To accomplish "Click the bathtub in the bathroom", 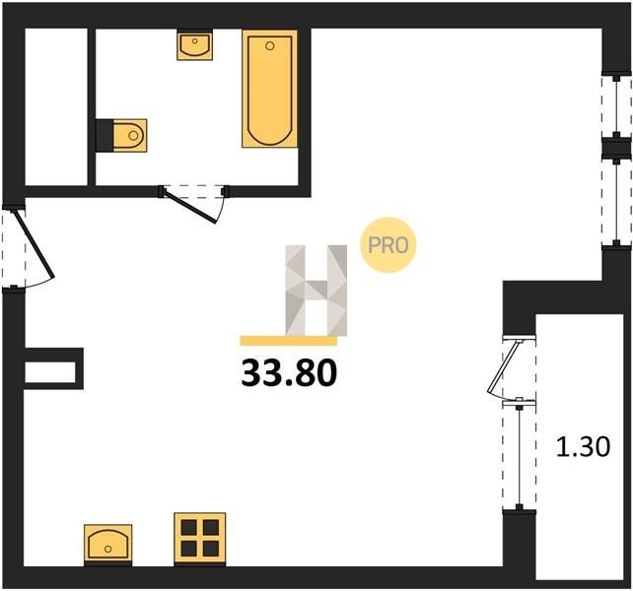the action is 270,89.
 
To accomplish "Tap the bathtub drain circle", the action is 270,45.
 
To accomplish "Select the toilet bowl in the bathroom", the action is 130,135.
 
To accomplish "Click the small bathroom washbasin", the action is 195,46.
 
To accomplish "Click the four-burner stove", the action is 200,539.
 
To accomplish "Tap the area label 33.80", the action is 289,373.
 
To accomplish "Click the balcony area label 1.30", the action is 583,447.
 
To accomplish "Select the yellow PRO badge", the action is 387,245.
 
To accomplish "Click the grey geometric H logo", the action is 316,290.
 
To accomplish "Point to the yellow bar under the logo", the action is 289,341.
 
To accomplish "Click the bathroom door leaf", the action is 190,207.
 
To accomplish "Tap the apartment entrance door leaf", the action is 34,244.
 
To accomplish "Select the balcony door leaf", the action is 504,366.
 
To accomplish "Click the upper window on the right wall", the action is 616,104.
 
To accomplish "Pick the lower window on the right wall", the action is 616,202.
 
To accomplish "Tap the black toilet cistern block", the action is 105,136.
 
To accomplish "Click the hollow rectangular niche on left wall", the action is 53,368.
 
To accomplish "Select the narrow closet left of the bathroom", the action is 56,107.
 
